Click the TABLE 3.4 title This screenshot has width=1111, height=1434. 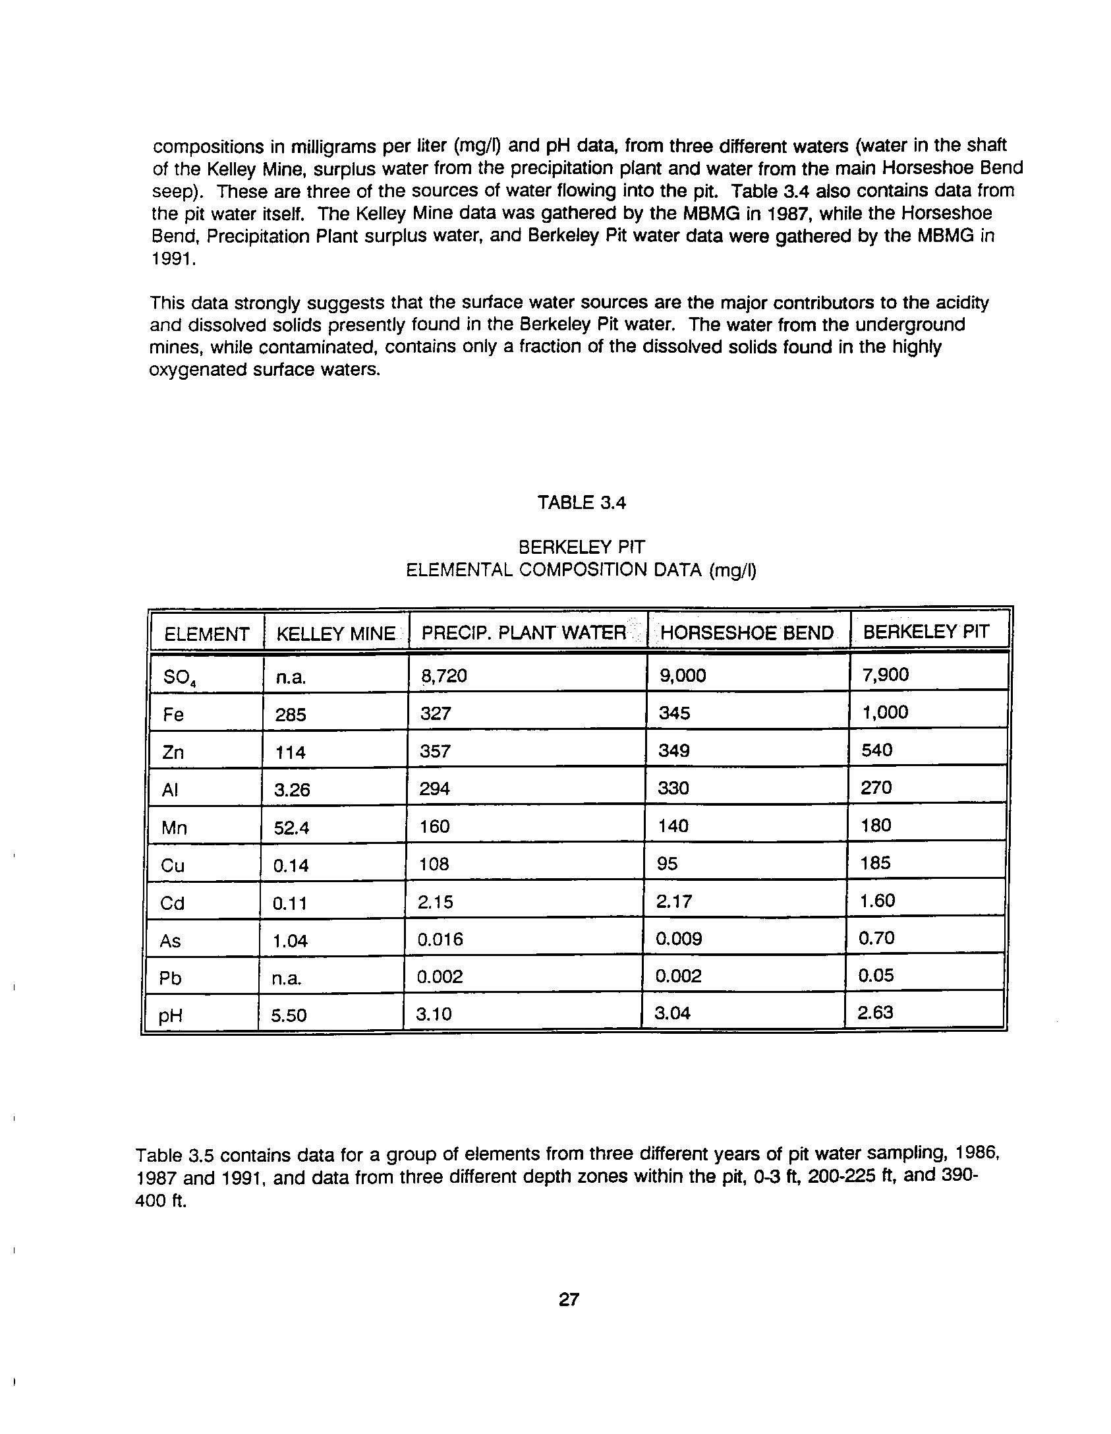point(581,503)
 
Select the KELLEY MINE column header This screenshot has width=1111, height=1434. point(335,634)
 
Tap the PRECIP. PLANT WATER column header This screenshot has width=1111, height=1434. point(523,633)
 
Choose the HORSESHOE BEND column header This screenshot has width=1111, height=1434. point(747,633)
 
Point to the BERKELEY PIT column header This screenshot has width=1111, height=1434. point(926,632)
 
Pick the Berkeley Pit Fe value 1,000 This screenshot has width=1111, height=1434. point(884,712)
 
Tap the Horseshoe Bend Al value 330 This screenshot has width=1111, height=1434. point(673,788)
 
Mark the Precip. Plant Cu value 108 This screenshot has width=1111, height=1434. point(434,864)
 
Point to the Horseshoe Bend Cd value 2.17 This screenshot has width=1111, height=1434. point(673,901)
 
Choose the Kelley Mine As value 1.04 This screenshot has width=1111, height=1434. point(290,941)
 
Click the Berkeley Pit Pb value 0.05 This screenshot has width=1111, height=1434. point(876,975)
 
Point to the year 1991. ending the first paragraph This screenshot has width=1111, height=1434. point(174,259)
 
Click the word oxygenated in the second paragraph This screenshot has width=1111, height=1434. point(198,370)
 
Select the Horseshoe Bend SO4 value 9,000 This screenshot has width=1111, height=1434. point(682,675)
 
